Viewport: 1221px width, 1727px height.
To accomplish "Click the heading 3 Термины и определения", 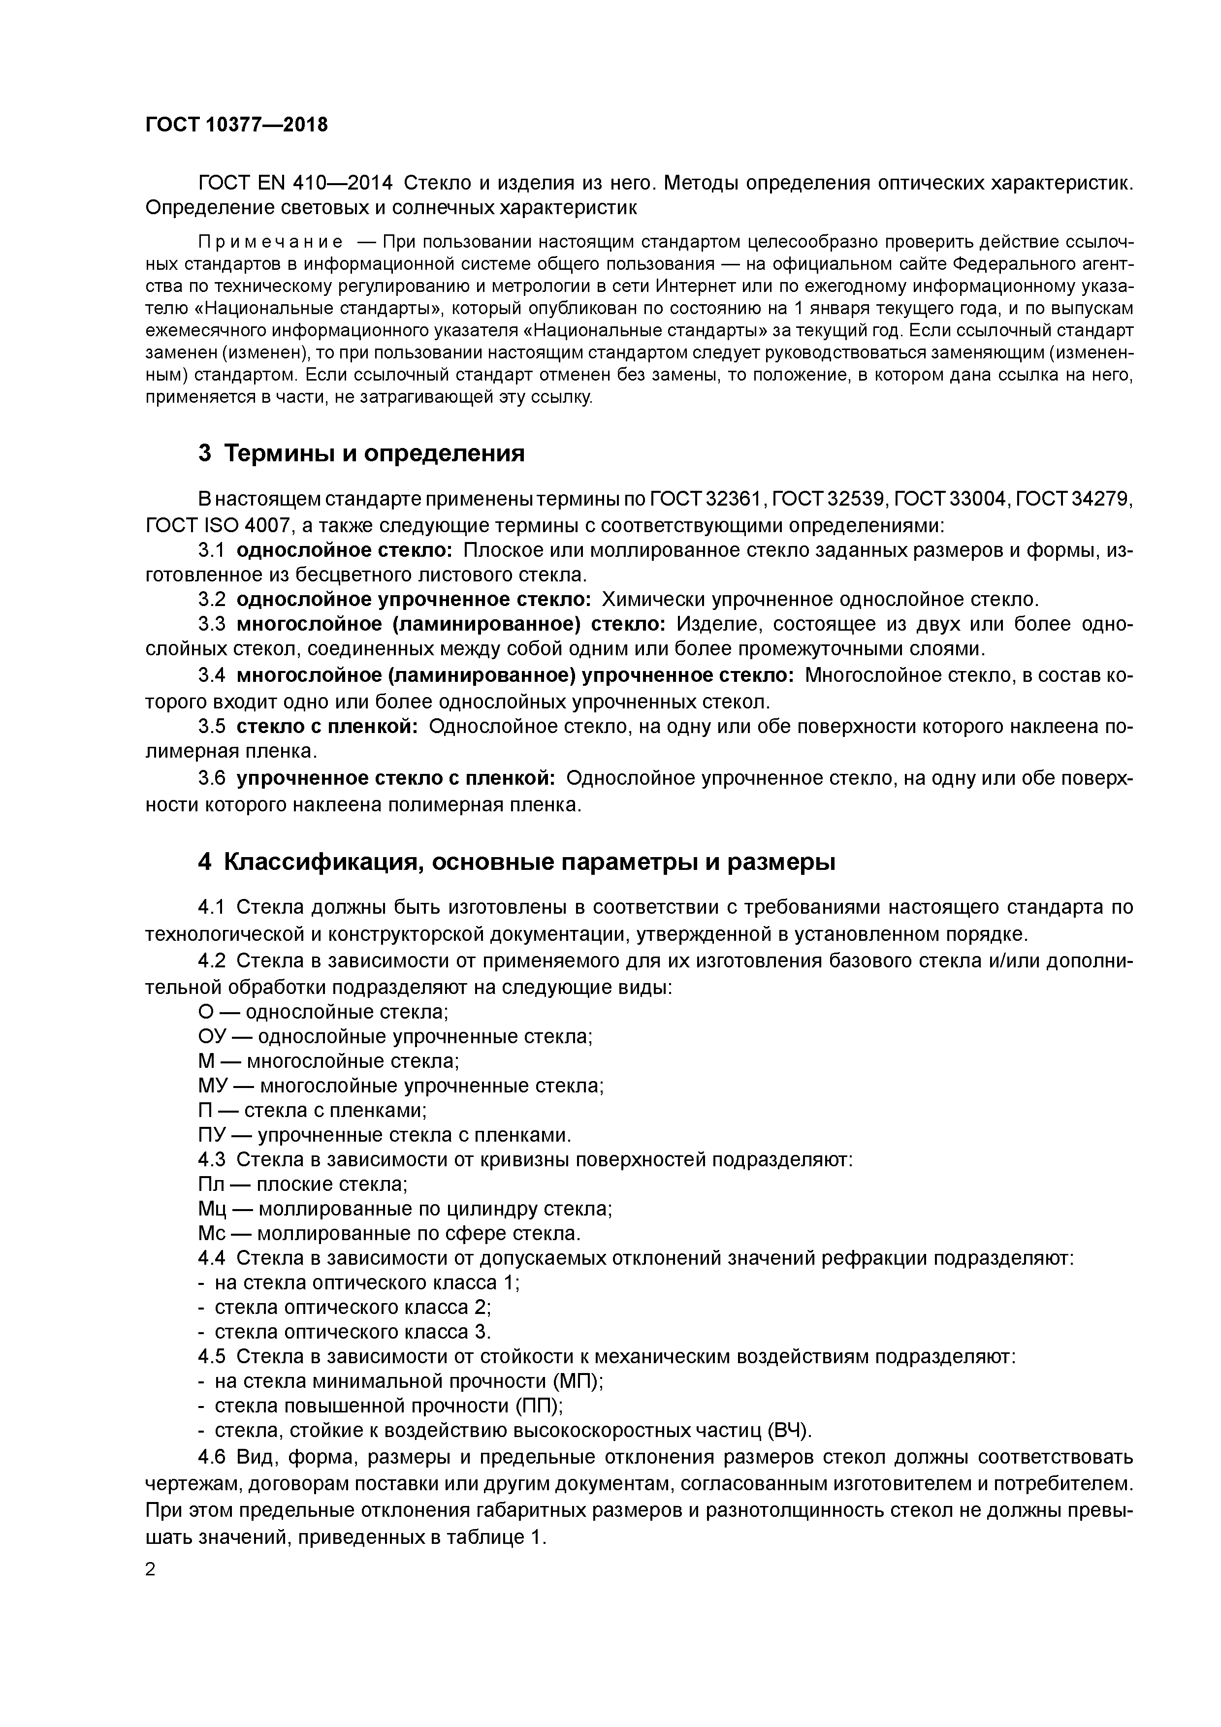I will pos(361,453).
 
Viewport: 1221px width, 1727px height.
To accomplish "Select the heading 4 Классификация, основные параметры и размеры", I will pos(517,862).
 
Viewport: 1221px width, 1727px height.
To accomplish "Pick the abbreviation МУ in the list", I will pos(211,1086).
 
